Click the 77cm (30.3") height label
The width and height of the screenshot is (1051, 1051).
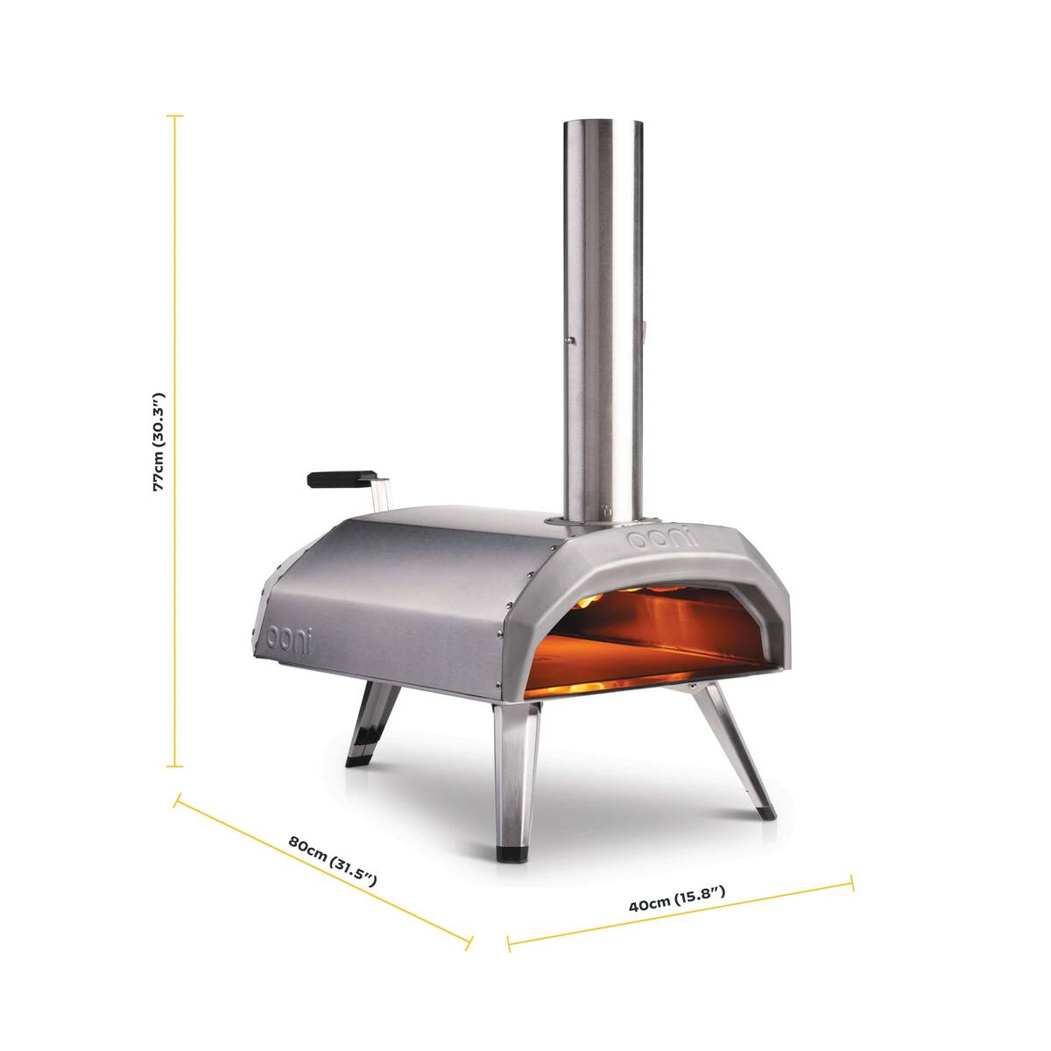tap(159, 441)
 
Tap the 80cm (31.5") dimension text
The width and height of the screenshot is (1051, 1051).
tap(333, 862)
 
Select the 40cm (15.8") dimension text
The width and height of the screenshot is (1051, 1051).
tap(678, 899)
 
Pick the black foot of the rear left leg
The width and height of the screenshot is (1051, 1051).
tap(360, 760)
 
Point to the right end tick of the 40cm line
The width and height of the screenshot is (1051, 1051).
tap(852, 882)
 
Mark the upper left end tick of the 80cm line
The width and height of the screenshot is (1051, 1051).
tap(179, 801)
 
